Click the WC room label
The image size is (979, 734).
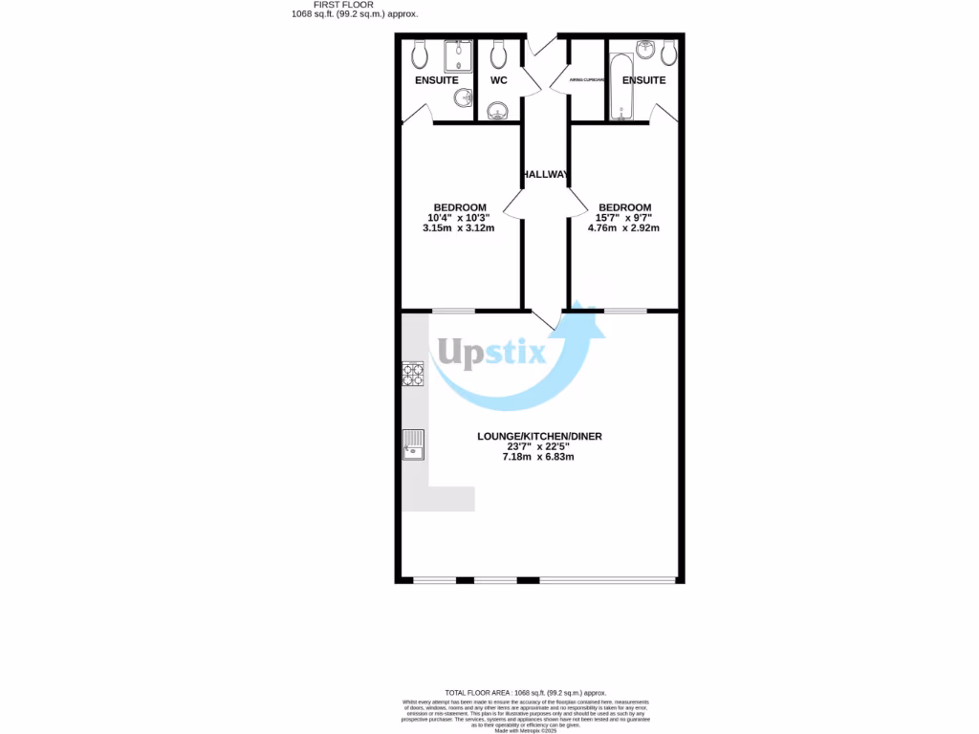click(x=498, y=80)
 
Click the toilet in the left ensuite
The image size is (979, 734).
click(x=420, y=54)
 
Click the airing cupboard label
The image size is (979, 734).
click(x=587, y=80)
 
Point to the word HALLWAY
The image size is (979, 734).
click(x=546, y=174)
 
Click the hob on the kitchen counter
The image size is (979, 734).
click(x=413, y=374)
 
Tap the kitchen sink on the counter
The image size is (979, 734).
click(x=413, y=445)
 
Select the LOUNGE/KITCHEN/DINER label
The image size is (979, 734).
click(x=539, y=437)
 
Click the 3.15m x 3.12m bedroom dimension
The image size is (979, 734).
click(x=460, y=228)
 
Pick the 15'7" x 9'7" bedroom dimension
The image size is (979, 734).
click(x=624, y=218)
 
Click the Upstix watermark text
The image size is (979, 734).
click(x=489, y=356)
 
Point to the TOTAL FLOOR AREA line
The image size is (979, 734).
click(x=525, y=692)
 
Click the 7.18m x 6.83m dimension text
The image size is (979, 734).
click(x=538, y=457)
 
